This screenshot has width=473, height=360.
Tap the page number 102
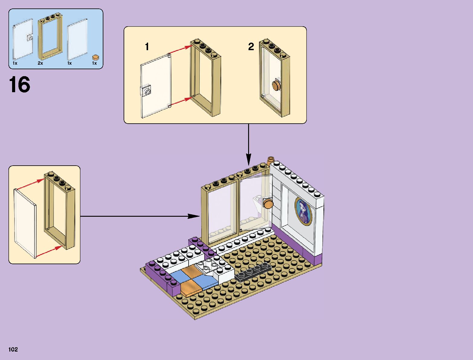13,349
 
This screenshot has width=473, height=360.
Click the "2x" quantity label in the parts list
40,63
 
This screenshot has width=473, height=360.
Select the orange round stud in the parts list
96,57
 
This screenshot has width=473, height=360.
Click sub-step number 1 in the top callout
147,47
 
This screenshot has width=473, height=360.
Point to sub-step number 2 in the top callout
251,47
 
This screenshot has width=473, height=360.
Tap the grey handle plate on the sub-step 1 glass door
146,91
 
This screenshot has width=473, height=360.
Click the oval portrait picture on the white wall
303,211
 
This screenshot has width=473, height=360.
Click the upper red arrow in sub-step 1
180,50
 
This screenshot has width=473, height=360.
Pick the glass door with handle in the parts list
23,39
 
